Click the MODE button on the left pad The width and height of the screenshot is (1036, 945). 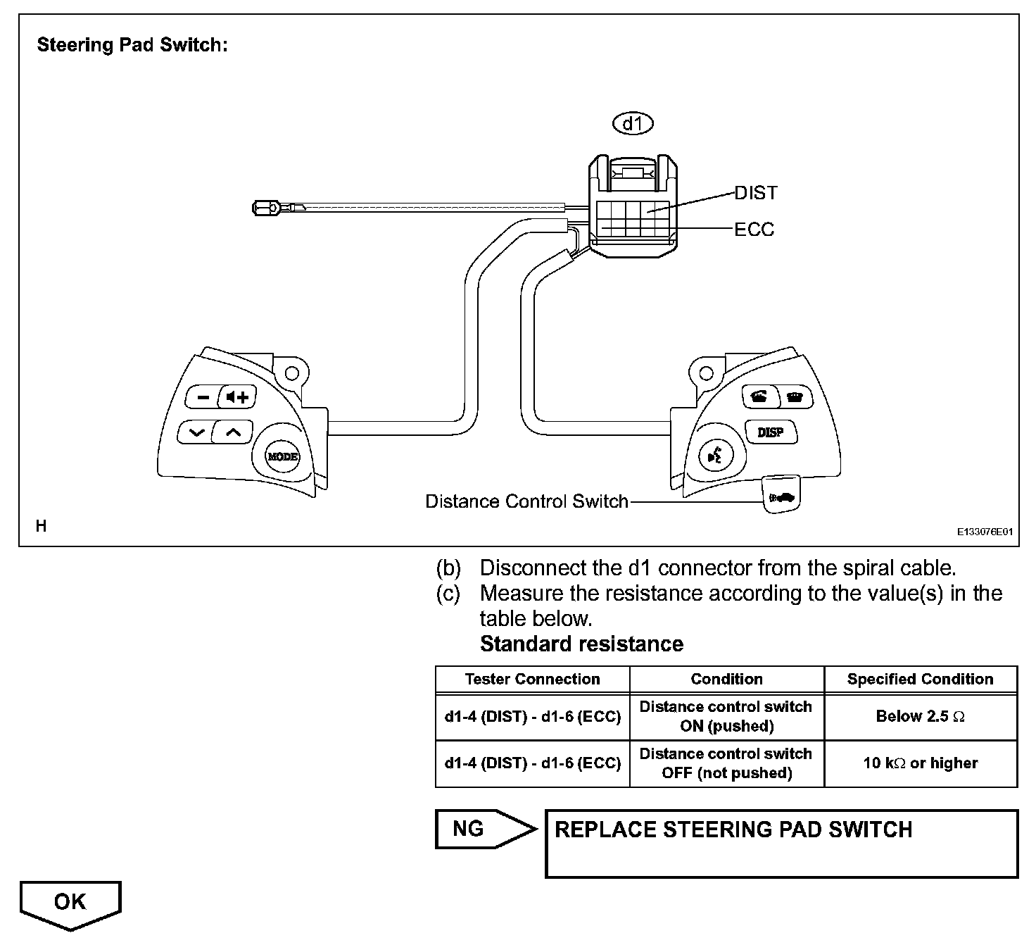[282, 456]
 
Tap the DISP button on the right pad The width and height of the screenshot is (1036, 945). [771, 432]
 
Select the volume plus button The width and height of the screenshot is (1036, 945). [238, 397]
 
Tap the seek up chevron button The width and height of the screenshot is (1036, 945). [233, 431]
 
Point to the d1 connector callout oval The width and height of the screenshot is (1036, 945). [633, 124]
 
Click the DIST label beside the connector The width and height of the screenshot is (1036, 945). [756, 193]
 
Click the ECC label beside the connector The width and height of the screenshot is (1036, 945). [754, 230]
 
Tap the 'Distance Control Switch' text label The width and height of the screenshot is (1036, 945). [526, 501]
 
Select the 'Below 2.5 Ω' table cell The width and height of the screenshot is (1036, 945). [921, 716]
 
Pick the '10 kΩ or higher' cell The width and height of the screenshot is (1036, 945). [921, 763]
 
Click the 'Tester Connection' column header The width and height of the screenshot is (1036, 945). [532, 679]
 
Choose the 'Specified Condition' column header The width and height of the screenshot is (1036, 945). [921, 679]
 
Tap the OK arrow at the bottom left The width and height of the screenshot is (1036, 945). [70, 903]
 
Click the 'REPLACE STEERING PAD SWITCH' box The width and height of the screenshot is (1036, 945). [781, 843]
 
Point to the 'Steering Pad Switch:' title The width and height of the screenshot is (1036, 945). [132, 45]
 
